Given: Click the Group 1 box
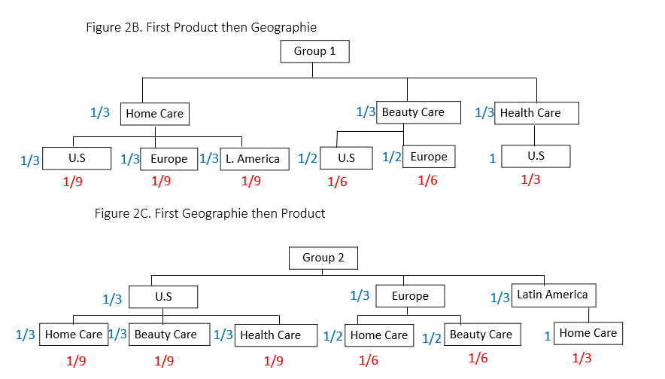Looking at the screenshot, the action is pyautogui.click(x=314, y=51).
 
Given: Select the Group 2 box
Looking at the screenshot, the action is pyautogui.click(x=323, y=258).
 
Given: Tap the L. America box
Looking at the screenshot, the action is pyautogui.click(x=254, y=159).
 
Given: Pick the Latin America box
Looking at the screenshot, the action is pyautogui.click(x=554, y=295).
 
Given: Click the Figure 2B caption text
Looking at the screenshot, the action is pyautogui.click(x=202, y=27).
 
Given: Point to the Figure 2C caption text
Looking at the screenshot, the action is pyautogui.click(x=210, y=213).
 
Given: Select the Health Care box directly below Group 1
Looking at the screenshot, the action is pyautogui.click(x=536, y=113).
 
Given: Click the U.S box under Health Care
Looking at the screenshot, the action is pyautogui.click(x=536, y=157).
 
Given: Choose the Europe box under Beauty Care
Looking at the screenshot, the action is pyautogui.click(x=429, y=157).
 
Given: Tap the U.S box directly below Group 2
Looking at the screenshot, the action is pyautogui.click(x=163, y=297).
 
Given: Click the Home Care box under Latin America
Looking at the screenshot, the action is pyautogui.click(x=588, y=333).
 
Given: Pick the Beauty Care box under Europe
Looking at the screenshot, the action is pyautogui.click(x=483, y=335).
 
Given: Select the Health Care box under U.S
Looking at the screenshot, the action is pyautogui.click(x=276, y=335).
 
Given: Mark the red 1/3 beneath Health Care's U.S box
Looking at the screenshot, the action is pyautogui.click(x=530, y=180).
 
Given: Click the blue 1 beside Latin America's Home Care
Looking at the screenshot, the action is pyautogui.click(x=548, y=337).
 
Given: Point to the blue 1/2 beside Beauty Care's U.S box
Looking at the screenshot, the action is pyautogui.click(x=308, y=159).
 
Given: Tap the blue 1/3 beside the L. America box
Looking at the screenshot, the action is pyautogui.click(x=209, y=158).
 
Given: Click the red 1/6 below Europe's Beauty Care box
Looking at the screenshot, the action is pyautogui.click(x=478, y=358).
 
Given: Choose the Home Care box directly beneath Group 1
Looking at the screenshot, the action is pyautogui.click(x=155, y=114).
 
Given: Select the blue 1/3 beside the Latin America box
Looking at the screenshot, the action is pyautogui.click(x=500, y=298).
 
